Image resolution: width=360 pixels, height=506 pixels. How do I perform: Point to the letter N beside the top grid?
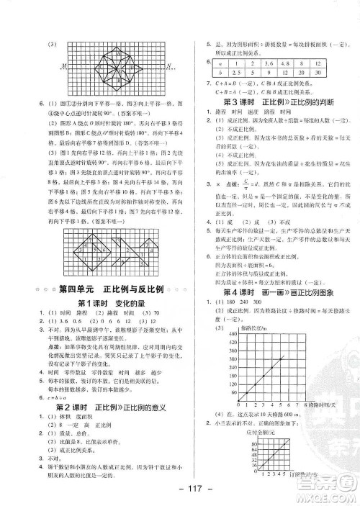pos(168,68)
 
